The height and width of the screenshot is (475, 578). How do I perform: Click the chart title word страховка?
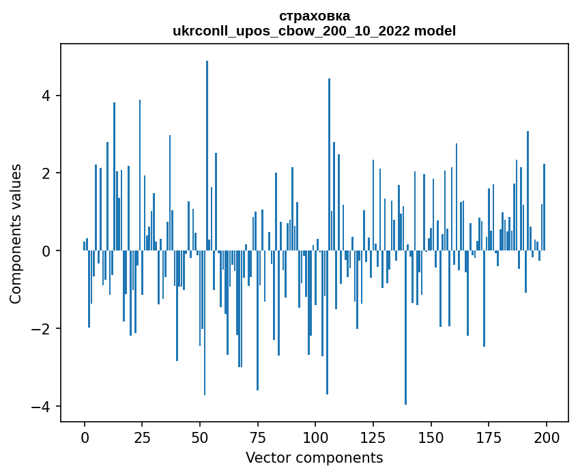click(x=315, y=16)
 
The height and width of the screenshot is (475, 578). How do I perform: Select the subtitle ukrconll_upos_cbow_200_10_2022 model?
click(x=315, y=31)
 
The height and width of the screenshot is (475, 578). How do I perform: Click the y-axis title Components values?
click(x=15, y=233)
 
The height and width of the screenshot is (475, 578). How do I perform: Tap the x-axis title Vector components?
click(x=315, y=457)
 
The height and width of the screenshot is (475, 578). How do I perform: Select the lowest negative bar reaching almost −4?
click(x=405, y=328)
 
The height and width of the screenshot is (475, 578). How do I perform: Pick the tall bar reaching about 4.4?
click(x=329, y=164)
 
